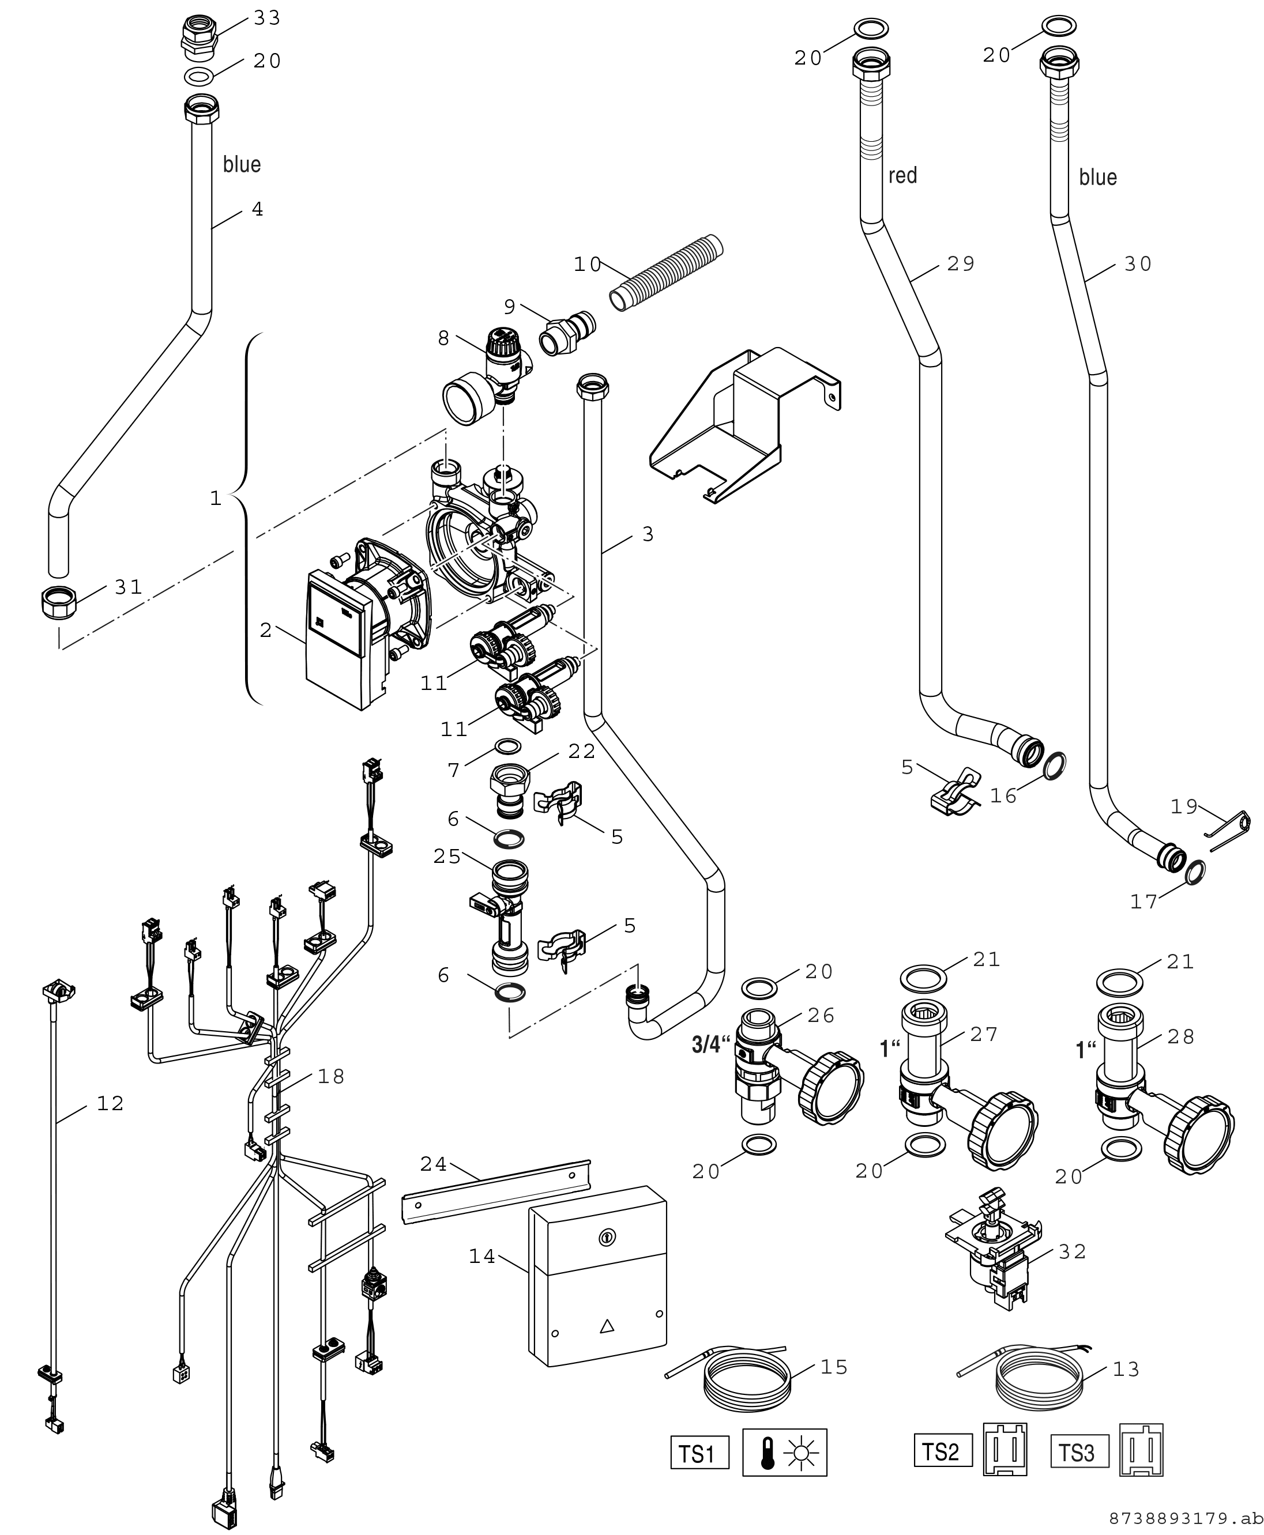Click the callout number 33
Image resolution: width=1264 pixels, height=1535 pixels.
(266, 18)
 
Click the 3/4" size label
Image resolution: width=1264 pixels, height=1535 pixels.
(710, 1046)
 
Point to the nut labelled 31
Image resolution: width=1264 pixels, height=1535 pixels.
(58, 603)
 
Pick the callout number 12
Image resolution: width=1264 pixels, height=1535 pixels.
(110, 1103)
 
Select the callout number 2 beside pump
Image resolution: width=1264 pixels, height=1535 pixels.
(266, 629)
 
